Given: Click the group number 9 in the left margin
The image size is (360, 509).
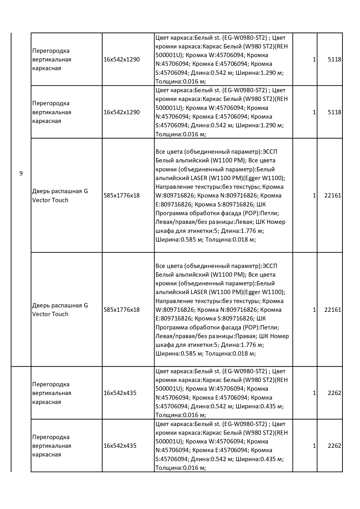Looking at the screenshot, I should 21,173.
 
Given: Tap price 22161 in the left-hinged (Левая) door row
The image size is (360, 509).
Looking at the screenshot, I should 332,195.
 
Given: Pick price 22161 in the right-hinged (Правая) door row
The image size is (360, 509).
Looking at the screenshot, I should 332,310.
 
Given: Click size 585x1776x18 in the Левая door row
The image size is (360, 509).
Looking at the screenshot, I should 122,195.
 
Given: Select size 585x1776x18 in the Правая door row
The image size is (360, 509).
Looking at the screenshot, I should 122,310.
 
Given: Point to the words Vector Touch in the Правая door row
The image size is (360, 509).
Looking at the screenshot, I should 50,314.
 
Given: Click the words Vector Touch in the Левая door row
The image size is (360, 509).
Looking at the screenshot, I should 50,200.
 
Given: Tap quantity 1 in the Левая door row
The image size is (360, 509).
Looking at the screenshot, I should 314,195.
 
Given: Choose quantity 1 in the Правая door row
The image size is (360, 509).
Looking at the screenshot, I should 314,310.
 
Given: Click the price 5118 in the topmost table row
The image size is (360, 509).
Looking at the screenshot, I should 334,59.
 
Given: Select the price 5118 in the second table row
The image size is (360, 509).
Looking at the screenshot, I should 334,112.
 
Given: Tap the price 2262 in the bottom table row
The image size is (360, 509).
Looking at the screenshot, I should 334,446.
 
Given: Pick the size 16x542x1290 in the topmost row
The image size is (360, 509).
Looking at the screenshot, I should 122,59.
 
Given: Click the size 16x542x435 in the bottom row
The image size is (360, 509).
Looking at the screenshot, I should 120,446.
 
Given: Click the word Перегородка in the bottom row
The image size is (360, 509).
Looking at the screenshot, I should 51,437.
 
